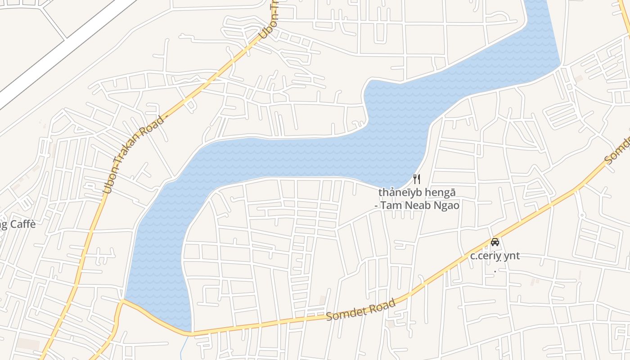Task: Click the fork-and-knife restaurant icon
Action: [417, 179]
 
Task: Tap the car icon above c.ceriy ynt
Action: [495, 242]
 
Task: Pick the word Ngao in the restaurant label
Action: [445, 206]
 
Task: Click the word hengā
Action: [441, 193]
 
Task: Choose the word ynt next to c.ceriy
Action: [512, 256]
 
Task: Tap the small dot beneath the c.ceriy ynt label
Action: [495, 271]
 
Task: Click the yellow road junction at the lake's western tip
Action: [122, 300]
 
